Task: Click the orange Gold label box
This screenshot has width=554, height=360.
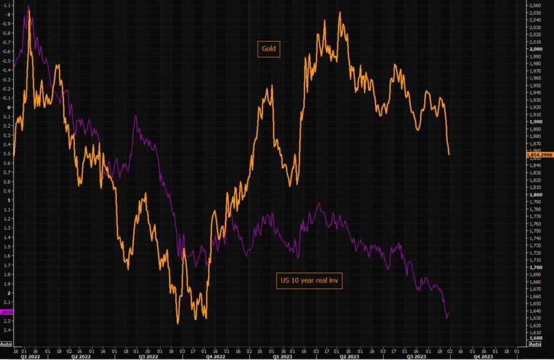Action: click(268, 49)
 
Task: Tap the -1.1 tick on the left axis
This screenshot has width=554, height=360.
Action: click(7, 5)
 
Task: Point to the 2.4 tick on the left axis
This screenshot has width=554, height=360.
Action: click(7, 330)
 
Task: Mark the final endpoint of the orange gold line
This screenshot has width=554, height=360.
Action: click(449, 155)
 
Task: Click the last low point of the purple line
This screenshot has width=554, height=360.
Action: click(447, 318)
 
